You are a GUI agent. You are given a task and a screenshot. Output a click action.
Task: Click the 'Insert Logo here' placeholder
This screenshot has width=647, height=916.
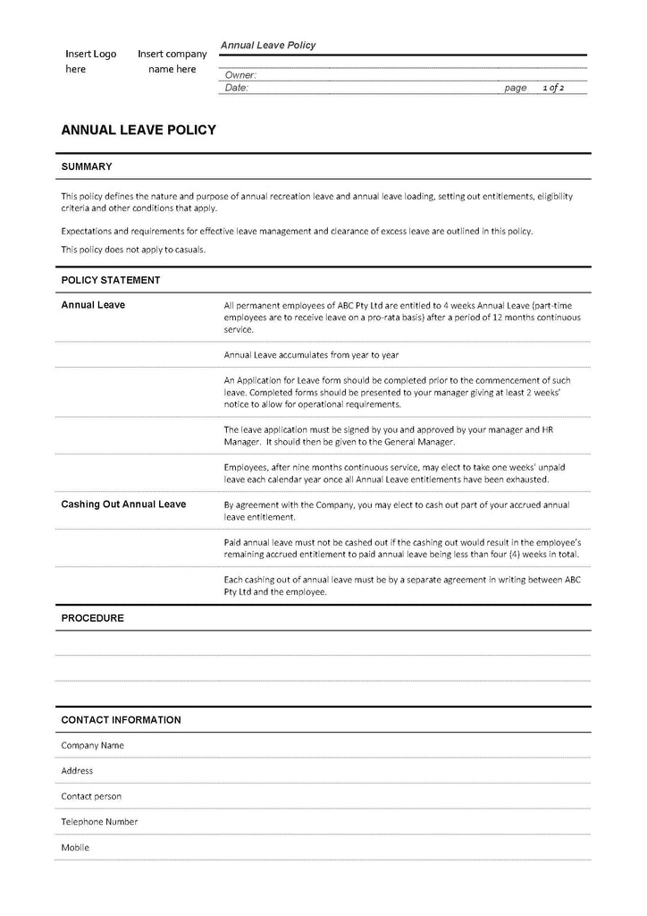tap(90, 62)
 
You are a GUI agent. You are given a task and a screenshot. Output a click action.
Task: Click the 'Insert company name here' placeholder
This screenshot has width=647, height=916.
tap(172, 62)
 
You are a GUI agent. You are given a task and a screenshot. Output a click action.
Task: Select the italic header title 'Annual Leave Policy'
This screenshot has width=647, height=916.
tap(268, 46)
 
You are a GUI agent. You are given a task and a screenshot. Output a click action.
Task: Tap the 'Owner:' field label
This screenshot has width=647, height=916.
tap(241, 75)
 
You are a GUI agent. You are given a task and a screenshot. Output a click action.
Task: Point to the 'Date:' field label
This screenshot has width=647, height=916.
tap(237, 88)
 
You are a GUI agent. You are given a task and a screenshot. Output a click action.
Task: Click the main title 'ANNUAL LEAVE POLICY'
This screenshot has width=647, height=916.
tap(139, 130)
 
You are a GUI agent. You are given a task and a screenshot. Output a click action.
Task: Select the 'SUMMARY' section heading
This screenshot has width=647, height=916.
tap(87, 166)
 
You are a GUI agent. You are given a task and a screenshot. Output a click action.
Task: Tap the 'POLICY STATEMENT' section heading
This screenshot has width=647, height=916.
tap(111, 280)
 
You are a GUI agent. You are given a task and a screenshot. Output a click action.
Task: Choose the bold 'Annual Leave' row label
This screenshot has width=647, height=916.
tap(93, 305)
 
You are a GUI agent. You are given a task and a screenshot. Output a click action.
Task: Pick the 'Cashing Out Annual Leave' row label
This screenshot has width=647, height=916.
tap(123, 505)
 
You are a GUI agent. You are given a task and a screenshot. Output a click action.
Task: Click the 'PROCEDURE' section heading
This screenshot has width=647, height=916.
tap(92, 618)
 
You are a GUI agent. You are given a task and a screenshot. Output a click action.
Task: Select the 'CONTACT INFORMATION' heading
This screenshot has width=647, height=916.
tap(121, 720)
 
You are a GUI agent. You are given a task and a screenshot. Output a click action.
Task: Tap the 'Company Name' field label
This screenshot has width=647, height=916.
tap(92, 745)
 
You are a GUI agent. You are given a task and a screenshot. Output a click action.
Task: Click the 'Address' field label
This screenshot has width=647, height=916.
tap(77, 770)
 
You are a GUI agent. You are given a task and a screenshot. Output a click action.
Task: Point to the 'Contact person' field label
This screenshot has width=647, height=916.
tap(91, 796)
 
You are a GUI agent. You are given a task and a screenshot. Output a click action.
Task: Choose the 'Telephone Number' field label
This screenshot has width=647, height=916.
tap(99, 821)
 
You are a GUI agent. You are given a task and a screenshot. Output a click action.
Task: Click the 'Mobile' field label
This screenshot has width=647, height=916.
tap(75, 847)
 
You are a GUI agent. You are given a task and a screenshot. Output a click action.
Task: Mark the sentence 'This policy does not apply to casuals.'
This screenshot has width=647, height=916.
tap(133, 250)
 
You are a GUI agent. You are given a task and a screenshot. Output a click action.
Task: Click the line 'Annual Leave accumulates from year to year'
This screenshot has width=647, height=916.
tap(311, 355)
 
